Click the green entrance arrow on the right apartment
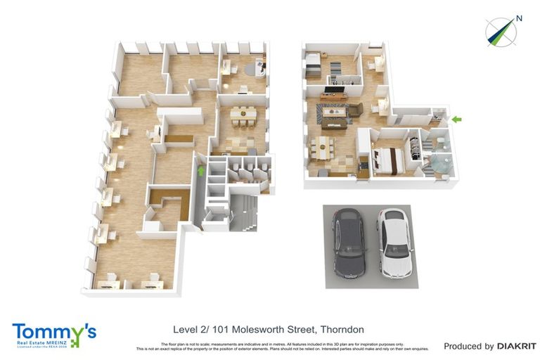[457, 120]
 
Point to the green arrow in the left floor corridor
[200, 169]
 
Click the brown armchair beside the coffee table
[355, 110]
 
